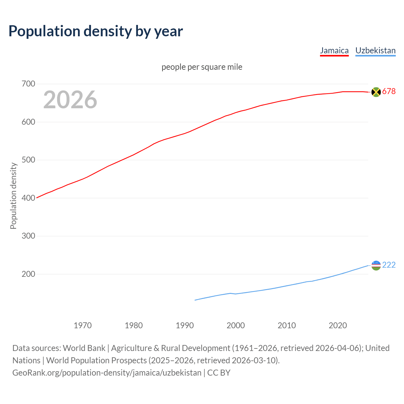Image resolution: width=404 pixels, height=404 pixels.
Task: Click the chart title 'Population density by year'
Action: (96, 31)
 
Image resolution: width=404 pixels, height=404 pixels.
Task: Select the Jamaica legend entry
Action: (334, 50)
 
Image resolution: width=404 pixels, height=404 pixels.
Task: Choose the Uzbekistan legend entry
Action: (375, 50)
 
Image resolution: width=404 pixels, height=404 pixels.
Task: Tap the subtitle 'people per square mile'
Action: (202, 67)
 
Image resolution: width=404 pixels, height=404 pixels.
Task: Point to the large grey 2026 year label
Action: (70, 100)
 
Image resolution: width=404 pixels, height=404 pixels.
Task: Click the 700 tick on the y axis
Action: (28, 84)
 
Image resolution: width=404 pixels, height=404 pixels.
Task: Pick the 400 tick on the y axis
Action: (28, 198)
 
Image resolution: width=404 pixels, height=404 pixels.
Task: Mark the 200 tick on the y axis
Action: (28, 274)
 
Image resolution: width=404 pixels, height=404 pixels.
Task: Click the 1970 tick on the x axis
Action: (83, 325)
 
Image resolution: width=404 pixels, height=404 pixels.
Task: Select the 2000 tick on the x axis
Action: (236, 325)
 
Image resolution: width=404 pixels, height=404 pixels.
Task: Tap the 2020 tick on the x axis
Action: (338, 325)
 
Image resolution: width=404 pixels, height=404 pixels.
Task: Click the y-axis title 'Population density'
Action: (13, 196)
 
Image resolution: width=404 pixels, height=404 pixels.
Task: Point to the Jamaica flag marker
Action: (376, 92)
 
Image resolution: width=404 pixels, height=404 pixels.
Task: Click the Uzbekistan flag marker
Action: (376, 265)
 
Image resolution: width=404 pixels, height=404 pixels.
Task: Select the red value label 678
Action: (389, 92)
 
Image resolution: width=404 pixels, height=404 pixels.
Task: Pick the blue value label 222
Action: (389, 265)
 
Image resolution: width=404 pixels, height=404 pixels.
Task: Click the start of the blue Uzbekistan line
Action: (195, 300)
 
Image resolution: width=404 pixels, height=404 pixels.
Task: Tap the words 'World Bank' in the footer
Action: (84, 348)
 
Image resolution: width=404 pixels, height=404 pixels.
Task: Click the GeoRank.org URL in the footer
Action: (107, 373)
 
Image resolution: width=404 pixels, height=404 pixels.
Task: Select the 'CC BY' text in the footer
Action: (219, 373)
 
